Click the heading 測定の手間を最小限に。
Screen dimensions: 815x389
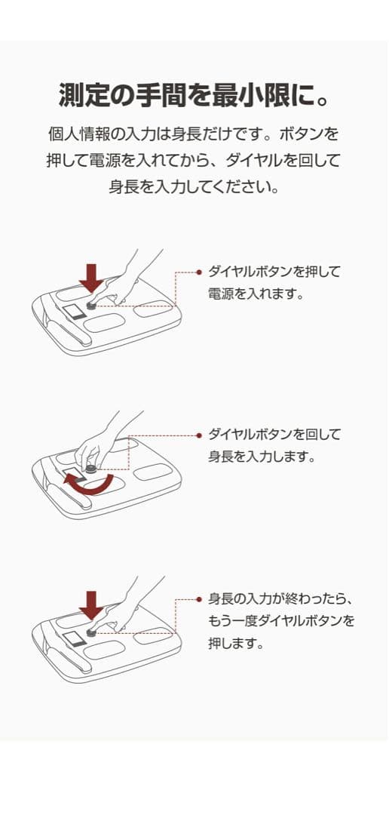tap(194, 95)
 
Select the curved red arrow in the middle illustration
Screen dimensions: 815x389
tap(88, 489)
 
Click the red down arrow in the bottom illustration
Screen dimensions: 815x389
tap(92, 604)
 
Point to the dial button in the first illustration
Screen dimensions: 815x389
tap(91, 306)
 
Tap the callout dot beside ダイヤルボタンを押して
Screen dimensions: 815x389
tap(199, 272)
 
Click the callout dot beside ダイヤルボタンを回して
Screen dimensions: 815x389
tap(199, 435)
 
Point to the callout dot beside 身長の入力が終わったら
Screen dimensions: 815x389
tap(199, 599)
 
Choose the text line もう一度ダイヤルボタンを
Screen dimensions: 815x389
tap(280, 622)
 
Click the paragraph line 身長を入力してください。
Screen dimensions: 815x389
tap(194, 186)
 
